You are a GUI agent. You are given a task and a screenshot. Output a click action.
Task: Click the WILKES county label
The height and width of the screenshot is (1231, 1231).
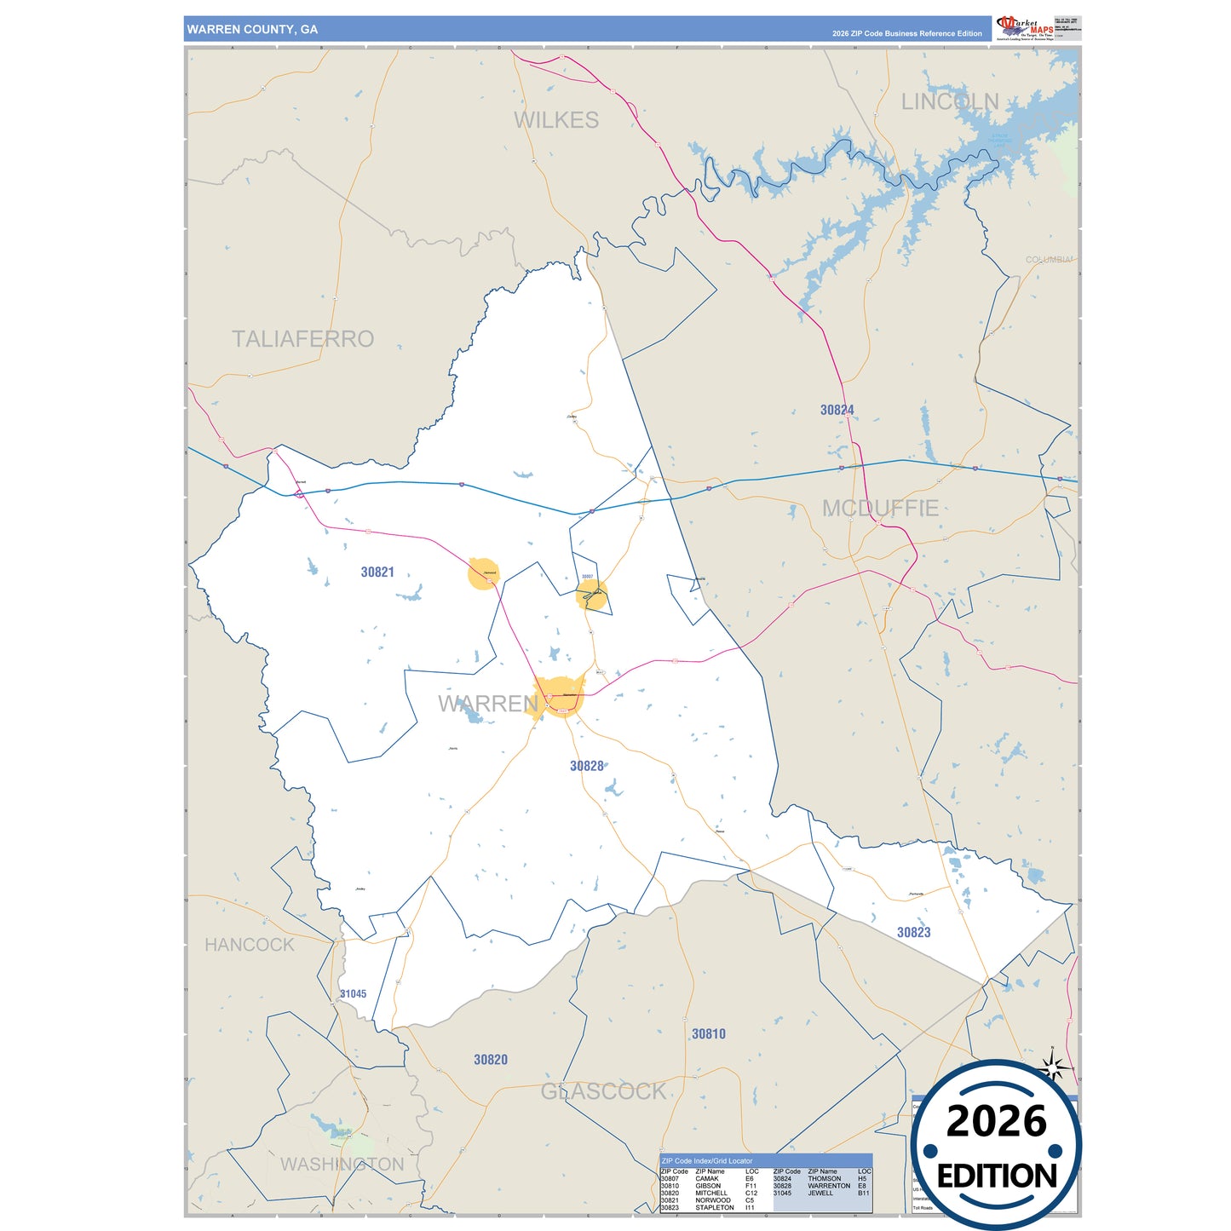[x=556, y=120]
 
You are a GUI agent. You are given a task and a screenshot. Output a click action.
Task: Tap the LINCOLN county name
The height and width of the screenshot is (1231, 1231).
[x=950, y=101]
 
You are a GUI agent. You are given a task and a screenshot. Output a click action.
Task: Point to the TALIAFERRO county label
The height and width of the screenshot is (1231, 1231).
[x=302, y=339]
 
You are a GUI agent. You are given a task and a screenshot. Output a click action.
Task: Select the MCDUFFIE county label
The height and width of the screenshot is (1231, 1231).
[x=880, y=509]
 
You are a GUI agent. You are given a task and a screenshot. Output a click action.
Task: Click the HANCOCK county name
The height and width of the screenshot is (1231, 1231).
[x=249, y=945]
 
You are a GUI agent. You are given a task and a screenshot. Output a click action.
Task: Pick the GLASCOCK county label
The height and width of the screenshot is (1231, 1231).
[x=603, y=1091]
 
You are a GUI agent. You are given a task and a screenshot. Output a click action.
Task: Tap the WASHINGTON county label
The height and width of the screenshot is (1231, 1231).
[x=342, y=1165]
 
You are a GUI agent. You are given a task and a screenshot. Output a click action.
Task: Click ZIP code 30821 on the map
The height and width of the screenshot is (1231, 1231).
[x=377, y=572]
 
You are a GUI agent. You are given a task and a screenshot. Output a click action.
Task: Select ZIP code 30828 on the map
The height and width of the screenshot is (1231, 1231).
[x=587, y=767]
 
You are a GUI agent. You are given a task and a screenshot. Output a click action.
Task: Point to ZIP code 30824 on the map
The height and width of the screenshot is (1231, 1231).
[x=837, y=410]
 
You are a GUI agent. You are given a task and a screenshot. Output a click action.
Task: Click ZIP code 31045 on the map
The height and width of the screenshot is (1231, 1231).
[x=353, y=994]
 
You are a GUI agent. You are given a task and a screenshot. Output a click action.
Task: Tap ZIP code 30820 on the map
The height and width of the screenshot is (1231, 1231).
[x=491, y=1060]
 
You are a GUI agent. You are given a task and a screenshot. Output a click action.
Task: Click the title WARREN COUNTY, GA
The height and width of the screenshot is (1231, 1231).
[x=252, y=29]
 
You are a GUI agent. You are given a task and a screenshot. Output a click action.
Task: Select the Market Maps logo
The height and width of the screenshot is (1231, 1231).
[x=1025, y=28]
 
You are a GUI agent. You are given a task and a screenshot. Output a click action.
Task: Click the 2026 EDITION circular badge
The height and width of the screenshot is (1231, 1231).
[x=996, y=1146]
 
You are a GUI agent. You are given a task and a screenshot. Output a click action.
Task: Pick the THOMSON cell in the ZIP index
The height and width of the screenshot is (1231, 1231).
[x=824, y=1179]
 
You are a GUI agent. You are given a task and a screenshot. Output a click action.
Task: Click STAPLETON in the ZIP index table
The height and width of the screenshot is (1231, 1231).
[x=714, y=1207]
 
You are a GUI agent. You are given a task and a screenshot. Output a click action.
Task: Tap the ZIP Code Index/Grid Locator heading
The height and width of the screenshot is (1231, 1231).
[x=707, y=1160]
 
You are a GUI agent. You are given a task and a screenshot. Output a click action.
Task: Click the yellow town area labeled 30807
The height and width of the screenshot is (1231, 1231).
[x=591, y=595]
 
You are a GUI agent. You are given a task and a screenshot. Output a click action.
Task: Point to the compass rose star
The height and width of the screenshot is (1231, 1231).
[x=1053, y=1067]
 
